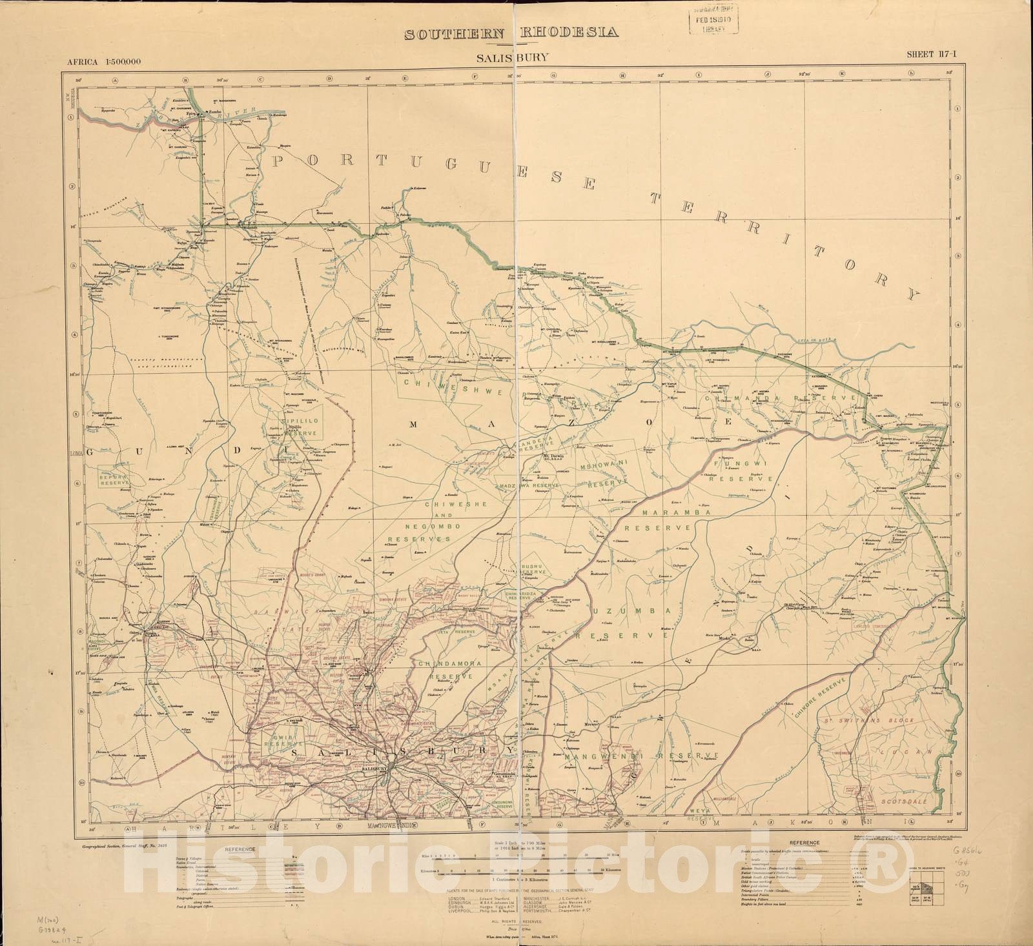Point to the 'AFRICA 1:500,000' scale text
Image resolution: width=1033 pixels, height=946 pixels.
click(x=104, y=62)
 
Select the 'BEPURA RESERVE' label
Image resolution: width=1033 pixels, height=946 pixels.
click(x=114, y=478)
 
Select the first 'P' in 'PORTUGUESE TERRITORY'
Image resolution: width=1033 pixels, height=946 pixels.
click(x=279, y=160)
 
